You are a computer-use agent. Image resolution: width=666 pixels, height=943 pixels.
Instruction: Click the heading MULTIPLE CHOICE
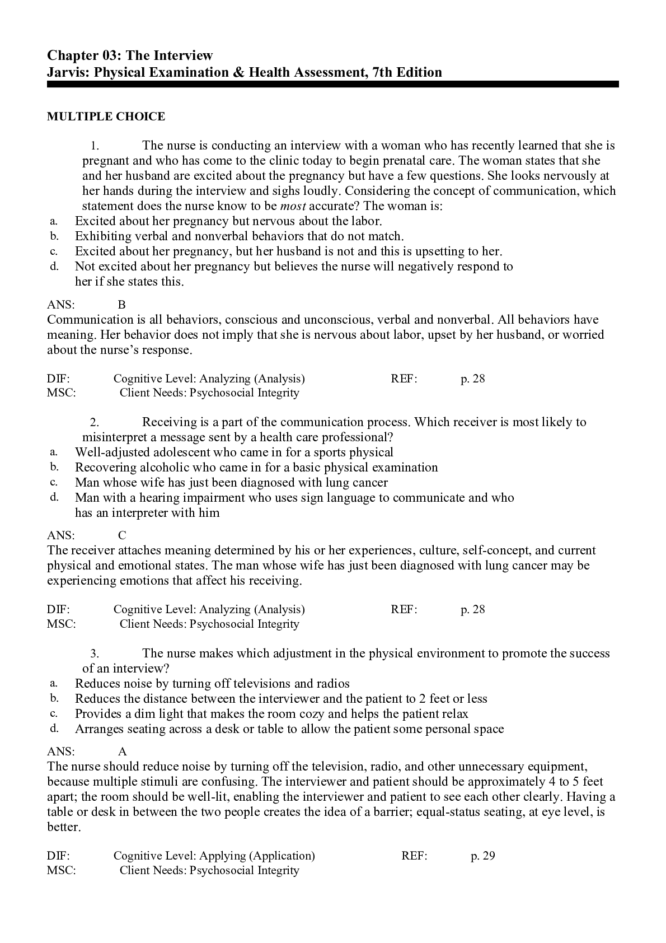pyautogui.click(x=106, y=116)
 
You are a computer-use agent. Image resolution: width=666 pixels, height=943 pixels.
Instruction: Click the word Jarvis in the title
pyautogui.click(x=66, y=72)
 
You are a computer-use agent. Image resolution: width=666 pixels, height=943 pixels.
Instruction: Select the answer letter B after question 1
pyautogui.click(x=121, y=305)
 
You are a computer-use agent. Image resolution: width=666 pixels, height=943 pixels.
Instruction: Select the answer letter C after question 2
pyautogui.click(x=122, y=535)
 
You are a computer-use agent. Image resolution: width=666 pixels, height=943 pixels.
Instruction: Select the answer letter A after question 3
pyautogui.click(x=123, y=751)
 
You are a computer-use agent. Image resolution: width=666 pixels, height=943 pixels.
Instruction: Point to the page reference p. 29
pyautogui.click(x=483, y=856)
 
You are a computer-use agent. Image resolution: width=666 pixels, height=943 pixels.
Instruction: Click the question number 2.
pyautogui.click(x=95, y=422)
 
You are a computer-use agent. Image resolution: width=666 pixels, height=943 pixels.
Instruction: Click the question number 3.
pyautogui.click(x=95, y=653)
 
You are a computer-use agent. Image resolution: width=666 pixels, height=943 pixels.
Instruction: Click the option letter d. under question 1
pyautogui.click(x=54, y=267)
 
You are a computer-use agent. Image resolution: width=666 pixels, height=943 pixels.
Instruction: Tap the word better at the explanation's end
pyautogui.click(x=63, y=827)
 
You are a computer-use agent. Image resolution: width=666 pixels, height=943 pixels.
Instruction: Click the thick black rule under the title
pyautogui.click(x=332, y=85)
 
